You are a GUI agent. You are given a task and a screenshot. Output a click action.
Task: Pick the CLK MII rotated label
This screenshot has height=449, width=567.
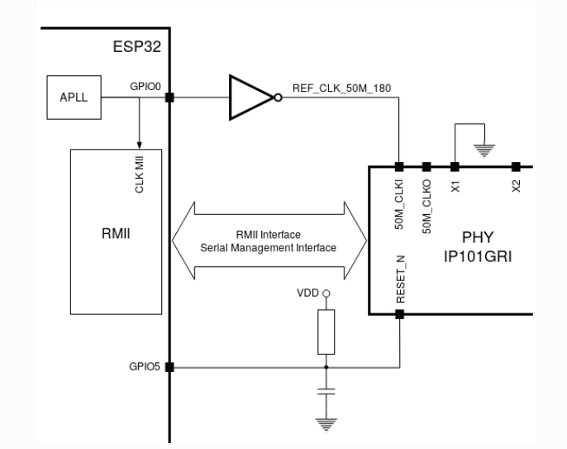[x=140, y=175]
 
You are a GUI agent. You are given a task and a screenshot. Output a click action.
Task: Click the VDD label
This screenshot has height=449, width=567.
[x=307, y=294]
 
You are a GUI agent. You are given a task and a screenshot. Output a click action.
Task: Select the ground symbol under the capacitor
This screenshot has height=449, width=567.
[x=326, y=423]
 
